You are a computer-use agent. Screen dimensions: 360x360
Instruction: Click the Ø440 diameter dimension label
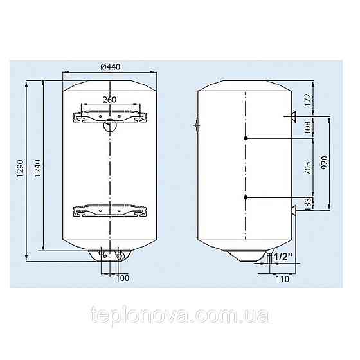(x=110, y=67)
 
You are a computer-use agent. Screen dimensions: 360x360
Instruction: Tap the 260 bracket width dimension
(x=109, y=100)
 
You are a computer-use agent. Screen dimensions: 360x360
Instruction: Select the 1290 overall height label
(x=20, y=168)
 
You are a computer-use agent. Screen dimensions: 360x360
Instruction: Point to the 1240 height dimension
(x=37, y=168)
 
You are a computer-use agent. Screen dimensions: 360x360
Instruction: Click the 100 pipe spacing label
(x=122, y=278)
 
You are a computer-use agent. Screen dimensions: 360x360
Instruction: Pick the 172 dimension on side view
(x=307, y=99)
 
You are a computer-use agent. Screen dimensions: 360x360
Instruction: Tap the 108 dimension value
(x=307, y=127)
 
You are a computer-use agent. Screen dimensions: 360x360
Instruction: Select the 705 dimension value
(x=308, y=168)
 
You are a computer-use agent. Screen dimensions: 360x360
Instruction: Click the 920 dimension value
(x=324, y=163)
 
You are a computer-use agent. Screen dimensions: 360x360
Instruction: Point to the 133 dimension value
(x=309, y=203)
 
